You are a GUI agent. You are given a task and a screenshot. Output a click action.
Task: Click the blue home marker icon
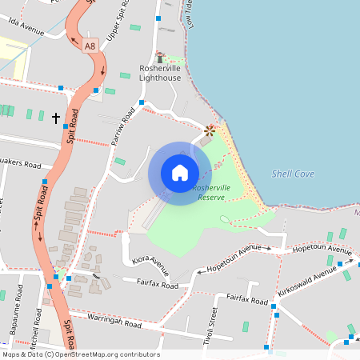(x=179, y=173)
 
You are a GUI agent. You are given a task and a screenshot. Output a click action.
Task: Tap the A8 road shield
(x=91, y=46)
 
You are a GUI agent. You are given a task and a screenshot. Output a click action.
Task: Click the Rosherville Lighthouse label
(x=161, y=73)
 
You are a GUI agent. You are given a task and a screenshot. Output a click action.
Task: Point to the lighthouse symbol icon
(x=159, y=57)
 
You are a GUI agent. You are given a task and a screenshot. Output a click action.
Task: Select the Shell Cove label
(x=293, y=174)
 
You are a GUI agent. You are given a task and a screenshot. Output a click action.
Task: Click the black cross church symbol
(x=56, y=118)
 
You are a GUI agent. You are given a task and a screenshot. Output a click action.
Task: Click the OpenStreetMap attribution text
(x=80, y=354)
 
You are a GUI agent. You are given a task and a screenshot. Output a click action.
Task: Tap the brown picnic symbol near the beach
(x=210, y=129)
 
